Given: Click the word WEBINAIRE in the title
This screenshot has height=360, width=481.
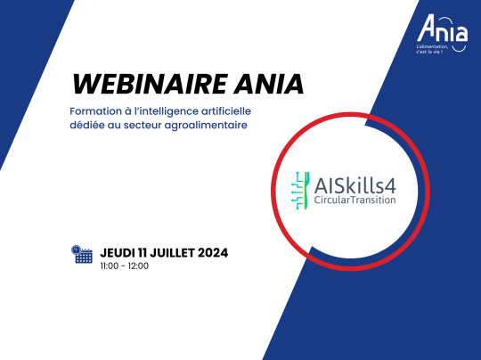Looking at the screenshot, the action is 150,84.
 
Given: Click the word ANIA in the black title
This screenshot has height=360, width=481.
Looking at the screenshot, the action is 269,84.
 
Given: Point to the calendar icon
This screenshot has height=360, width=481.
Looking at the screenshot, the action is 82,254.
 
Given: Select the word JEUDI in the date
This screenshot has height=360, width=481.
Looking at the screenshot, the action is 118,253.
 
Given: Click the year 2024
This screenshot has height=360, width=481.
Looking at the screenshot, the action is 213,253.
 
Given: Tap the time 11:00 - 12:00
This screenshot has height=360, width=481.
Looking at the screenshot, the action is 124,266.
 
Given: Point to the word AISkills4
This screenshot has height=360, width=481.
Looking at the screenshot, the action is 355,186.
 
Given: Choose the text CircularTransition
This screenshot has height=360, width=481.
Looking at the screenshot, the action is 355,200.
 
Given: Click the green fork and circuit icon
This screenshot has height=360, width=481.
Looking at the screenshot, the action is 300,191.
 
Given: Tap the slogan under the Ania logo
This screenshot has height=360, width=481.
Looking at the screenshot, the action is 432,49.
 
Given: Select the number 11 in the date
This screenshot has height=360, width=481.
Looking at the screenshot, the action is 142,253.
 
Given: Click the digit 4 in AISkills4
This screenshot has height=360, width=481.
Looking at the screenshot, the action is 390,186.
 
